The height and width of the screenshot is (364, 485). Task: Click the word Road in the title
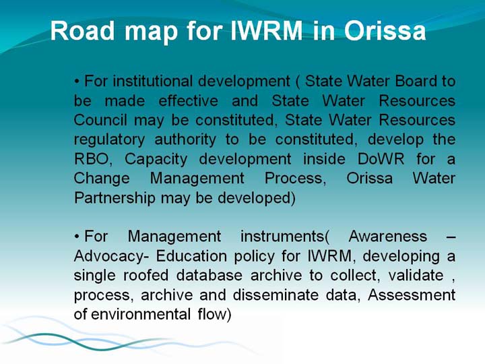coord(82,30)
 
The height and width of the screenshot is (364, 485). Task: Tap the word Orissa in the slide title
coord(385,30)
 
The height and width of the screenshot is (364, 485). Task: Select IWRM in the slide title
coord(267,30)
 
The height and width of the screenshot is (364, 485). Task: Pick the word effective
coord(189,100)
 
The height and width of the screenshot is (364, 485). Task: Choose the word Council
coord(100,120)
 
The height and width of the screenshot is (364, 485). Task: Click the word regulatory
coord(109,140)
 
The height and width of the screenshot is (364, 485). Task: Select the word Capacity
coord(156,160)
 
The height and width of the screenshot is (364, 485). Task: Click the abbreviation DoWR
coord(381,159)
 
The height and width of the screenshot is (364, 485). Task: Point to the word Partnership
coord(115,198)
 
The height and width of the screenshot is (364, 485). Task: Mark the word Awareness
coord(388,237)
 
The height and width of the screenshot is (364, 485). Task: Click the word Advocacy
coord(108,257)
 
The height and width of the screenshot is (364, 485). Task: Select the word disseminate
coord(276,295)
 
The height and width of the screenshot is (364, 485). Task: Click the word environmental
coord(141,315)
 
